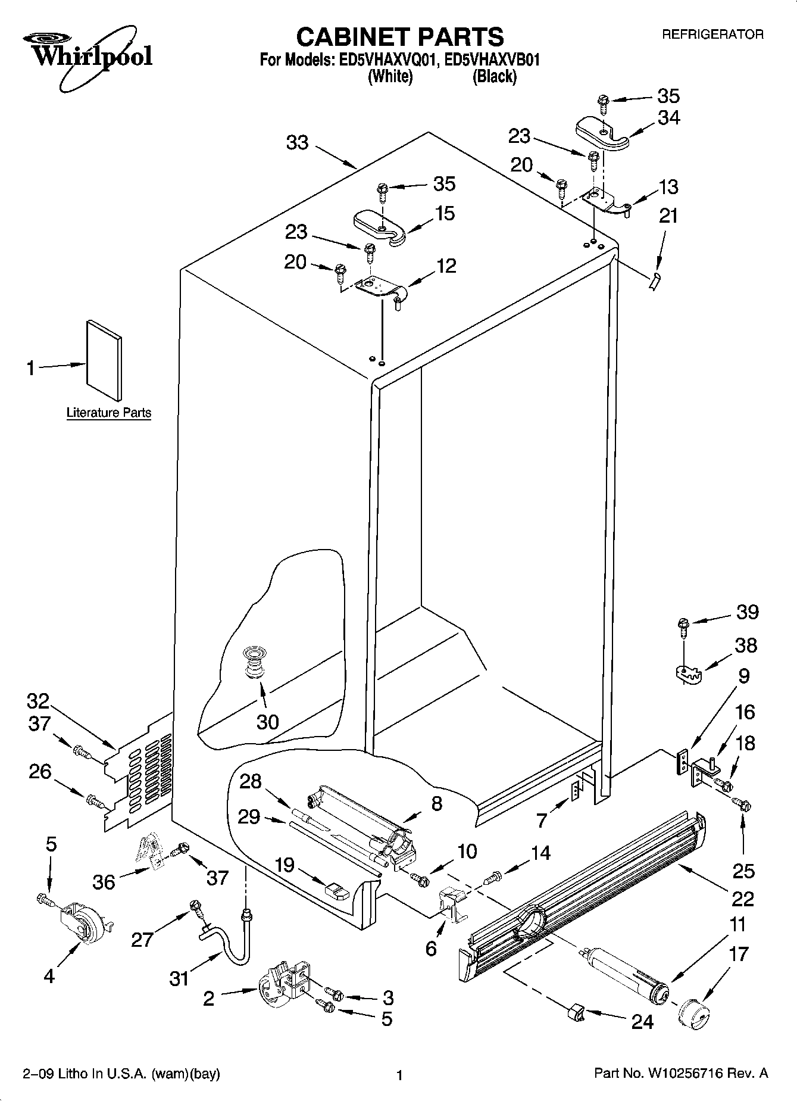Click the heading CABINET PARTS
[x=399, y=37]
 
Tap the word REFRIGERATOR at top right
[x=712, y=35]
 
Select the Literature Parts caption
[x=108, y=413]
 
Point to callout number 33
[x=298, y=143]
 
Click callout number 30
[x=267, y=722]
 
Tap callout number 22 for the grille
[x=743, y=899]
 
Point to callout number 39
[x=748, y=612]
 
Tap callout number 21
[x=668, y=216]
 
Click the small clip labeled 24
[x=574, y=1010]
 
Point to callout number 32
[x=37, y=701]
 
